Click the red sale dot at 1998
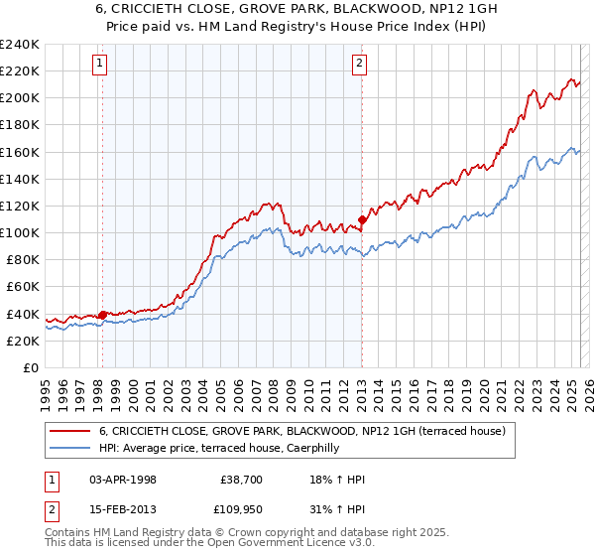click(x=102, y=315)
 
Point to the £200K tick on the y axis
click(x=20, y=98)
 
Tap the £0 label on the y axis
click(x=30, y=367)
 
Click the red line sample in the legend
click(x=69, y=432)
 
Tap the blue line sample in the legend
click(x=69, y=449)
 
